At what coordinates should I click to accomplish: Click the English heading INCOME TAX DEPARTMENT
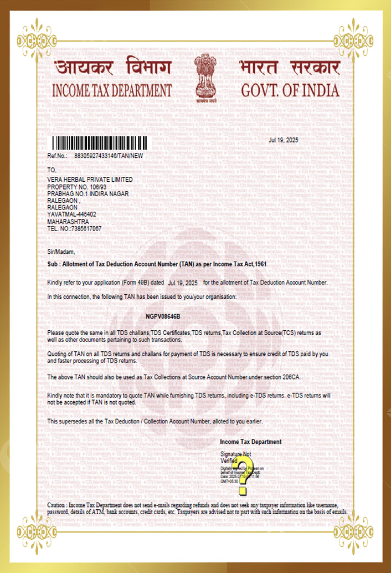(112, 90)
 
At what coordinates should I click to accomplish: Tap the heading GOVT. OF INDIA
(290, 90)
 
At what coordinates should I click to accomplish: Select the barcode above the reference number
(100, 142)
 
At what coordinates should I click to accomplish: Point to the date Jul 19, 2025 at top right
(283, 140)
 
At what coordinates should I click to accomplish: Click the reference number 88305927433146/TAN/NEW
(109, 156)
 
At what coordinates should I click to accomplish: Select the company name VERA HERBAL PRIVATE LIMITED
(90, 180)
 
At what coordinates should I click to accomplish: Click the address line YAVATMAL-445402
(72, 214)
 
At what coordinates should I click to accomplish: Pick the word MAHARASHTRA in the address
(68, 222)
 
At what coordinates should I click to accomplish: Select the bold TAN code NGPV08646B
(163, 316)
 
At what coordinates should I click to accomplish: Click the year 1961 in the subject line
(259, 264)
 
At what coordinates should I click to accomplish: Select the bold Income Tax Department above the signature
(250, 442)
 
